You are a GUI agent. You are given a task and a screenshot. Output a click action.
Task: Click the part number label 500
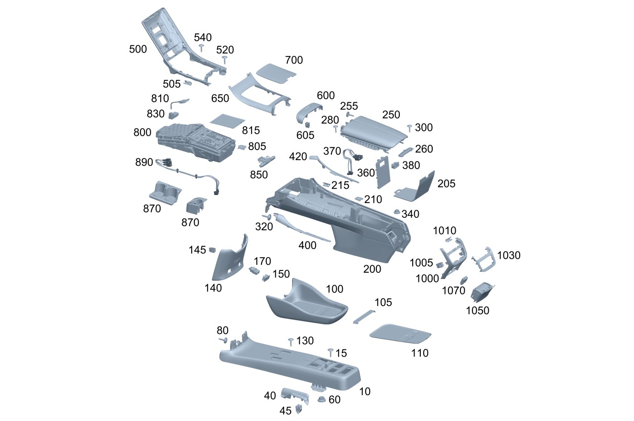click(138, 49)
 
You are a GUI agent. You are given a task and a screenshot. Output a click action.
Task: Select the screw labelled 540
click(202, 47)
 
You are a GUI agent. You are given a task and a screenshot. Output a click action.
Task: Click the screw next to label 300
click(410, 127)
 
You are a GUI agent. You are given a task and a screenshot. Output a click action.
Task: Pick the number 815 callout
click(250, 130)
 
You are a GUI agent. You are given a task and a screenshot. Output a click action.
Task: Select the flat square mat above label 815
click(227, 120)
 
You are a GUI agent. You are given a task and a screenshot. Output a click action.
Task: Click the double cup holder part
click(165, 192)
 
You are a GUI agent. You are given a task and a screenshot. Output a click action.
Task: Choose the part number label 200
click(372, 269)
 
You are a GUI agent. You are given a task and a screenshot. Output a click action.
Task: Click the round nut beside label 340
click(396, 212)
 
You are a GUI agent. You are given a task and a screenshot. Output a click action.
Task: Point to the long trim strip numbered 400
click(301, 229)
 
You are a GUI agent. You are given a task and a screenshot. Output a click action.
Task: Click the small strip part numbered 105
click(364, 316)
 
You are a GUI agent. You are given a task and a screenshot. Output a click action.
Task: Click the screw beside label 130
click(290, 341)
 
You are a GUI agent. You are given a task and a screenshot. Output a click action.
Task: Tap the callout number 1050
click(477, 310)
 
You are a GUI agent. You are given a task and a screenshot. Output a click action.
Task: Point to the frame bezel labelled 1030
click(483, 259)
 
